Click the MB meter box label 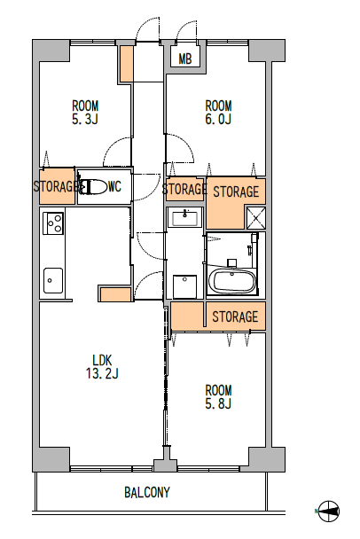click(185, 59)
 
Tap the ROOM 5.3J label click(85, 112)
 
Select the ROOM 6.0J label click(218, 112)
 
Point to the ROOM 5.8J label click(218, 396)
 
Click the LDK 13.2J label click(102, 367)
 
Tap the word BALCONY click(147, 492)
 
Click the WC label click(115, 187)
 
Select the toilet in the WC click(93, 187)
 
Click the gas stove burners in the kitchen click(53, 223)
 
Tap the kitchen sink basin click(53, 280)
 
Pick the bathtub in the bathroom click(232, 281)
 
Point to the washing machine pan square click(184, 286)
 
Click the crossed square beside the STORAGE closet click(256, 217)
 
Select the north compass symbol click(329, 512)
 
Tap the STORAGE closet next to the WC click(57, 186)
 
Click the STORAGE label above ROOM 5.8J click(235, 316)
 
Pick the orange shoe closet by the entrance click(126, 64)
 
